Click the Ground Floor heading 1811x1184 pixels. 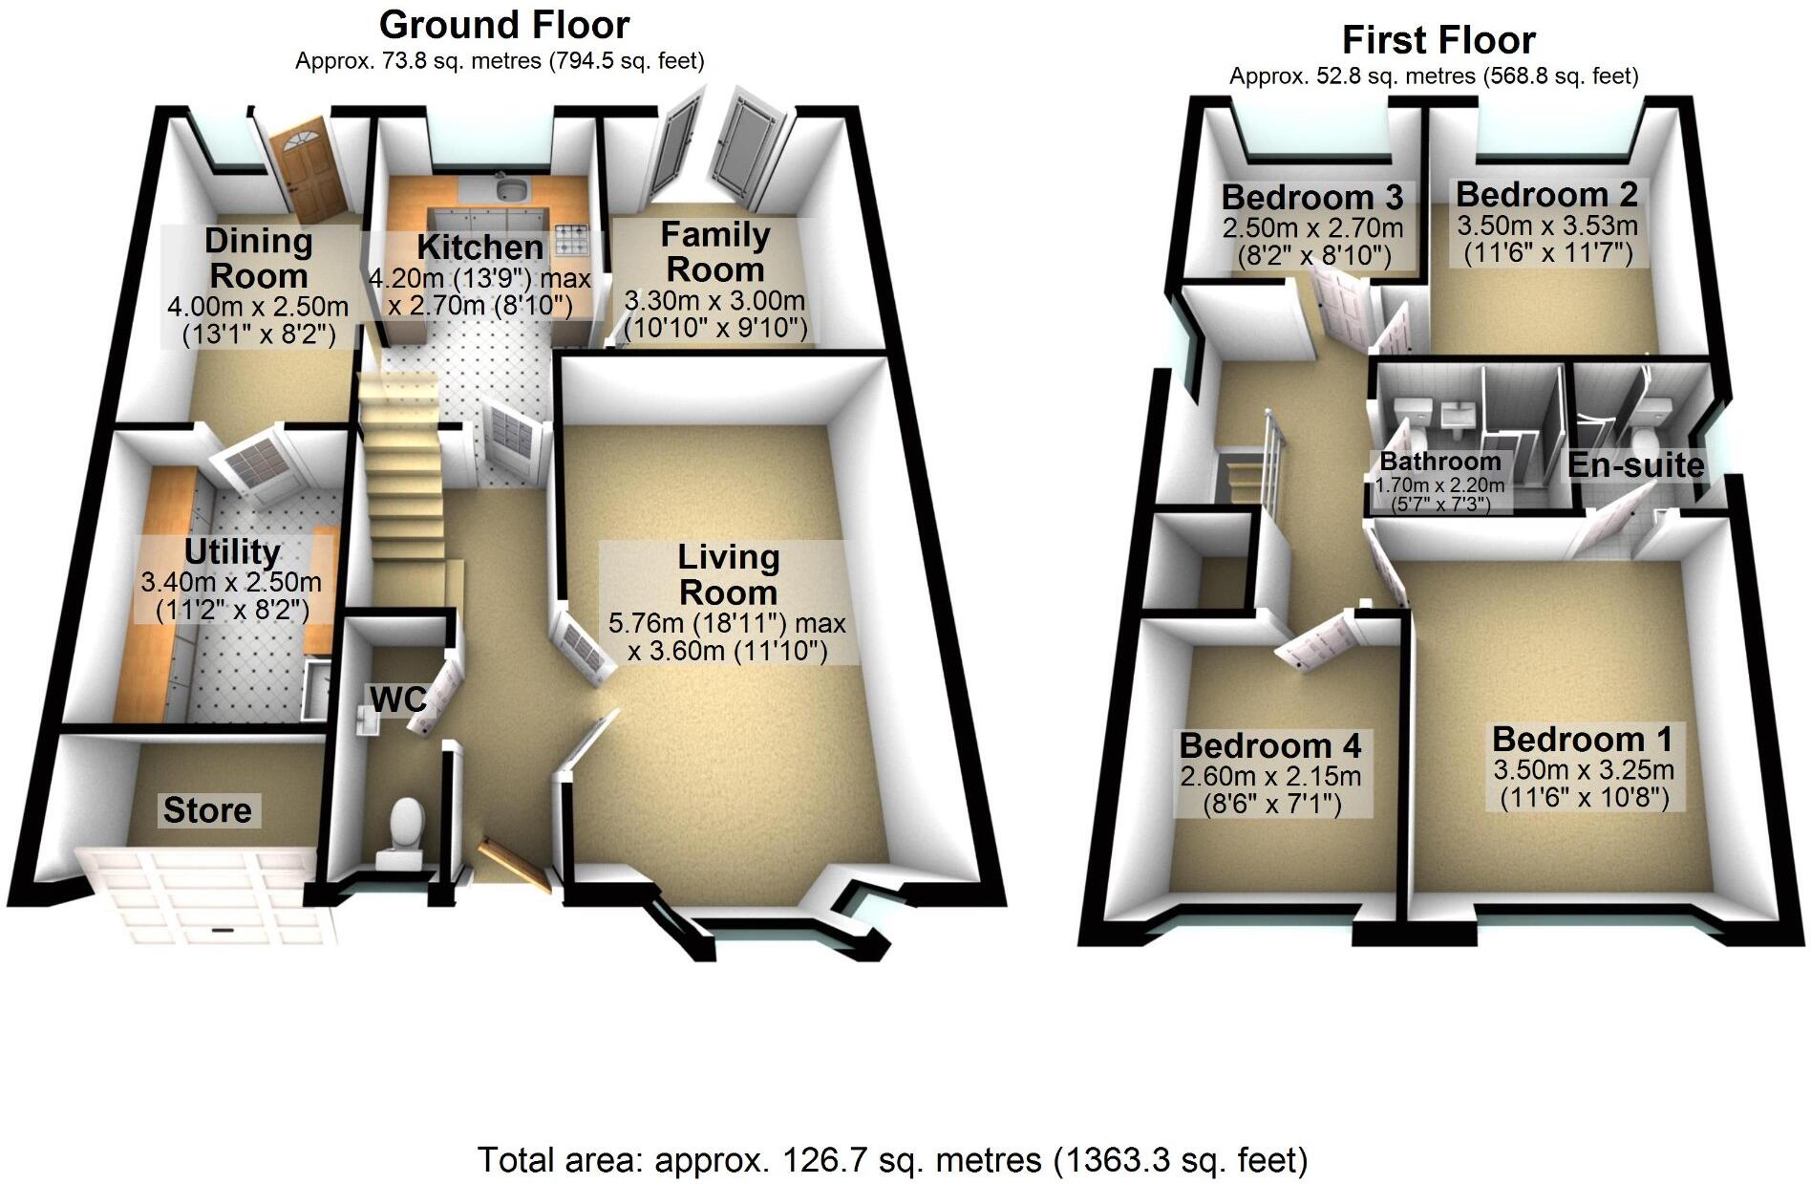point(504,24)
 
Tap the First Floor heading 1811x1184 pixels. point(1438,40)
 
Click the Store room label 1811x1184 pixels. point(207,810)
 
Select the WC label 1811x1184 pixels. point(397,699)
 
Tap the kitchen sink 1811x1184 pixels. point(508,189)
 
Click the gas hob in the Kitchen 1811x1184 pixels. point(572,240)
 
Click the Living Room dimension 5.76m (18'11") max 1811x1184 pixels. point(727,624)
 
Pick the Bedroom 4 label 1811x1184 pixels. point(1269,745)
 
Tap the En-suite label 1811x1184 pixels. point(1635,465)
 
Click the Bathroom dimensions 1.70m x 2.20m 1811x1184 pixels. point(1439,484)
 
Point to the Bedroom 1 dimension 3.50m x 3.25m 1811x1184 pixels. point(1583,770)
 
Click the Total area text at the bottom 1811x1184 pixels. point(892,1159)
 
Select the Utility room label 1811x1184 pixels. point(232,551)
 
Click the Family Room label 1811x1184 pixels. point(714,251)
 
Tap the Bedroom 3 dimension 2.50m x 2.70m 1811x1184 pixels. point(1312,228)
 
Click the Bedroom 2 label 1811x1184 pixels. point(1546,194)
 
